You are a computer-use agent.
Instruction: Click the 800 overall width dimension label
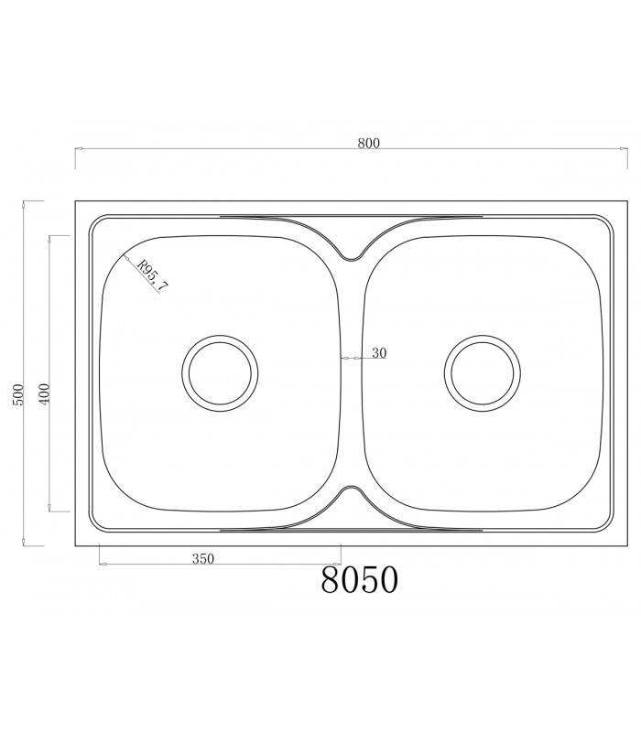[x=369, y=143]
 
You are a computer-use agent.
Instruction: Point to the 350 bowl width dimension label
[x=203, y=559]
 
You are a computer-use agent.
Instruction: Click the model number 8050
[x=360, y=580]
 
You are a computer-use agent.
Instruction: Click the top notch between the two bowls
[x=351, y=253]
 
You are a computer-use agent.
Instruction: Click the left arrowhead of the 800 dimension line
[x=76, y=148]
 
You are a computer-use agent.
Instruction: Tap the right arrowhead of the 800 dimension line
[x=638, y=148]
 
